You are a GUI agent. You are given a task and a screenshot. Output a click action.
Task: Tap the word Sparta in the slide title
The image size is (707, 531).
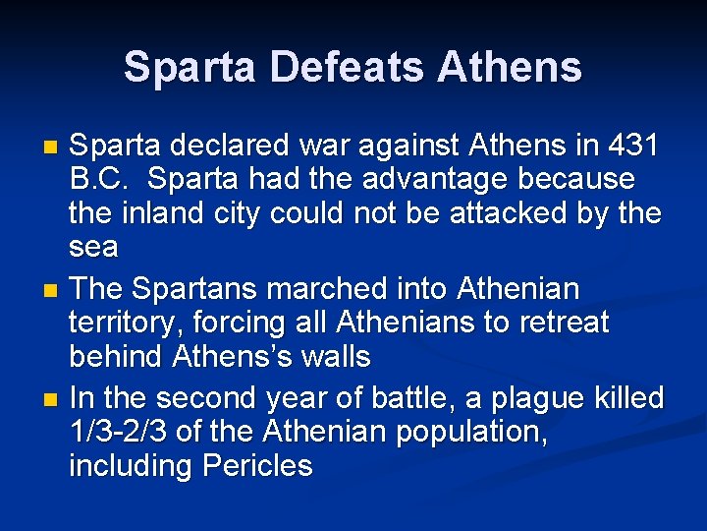188,68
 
